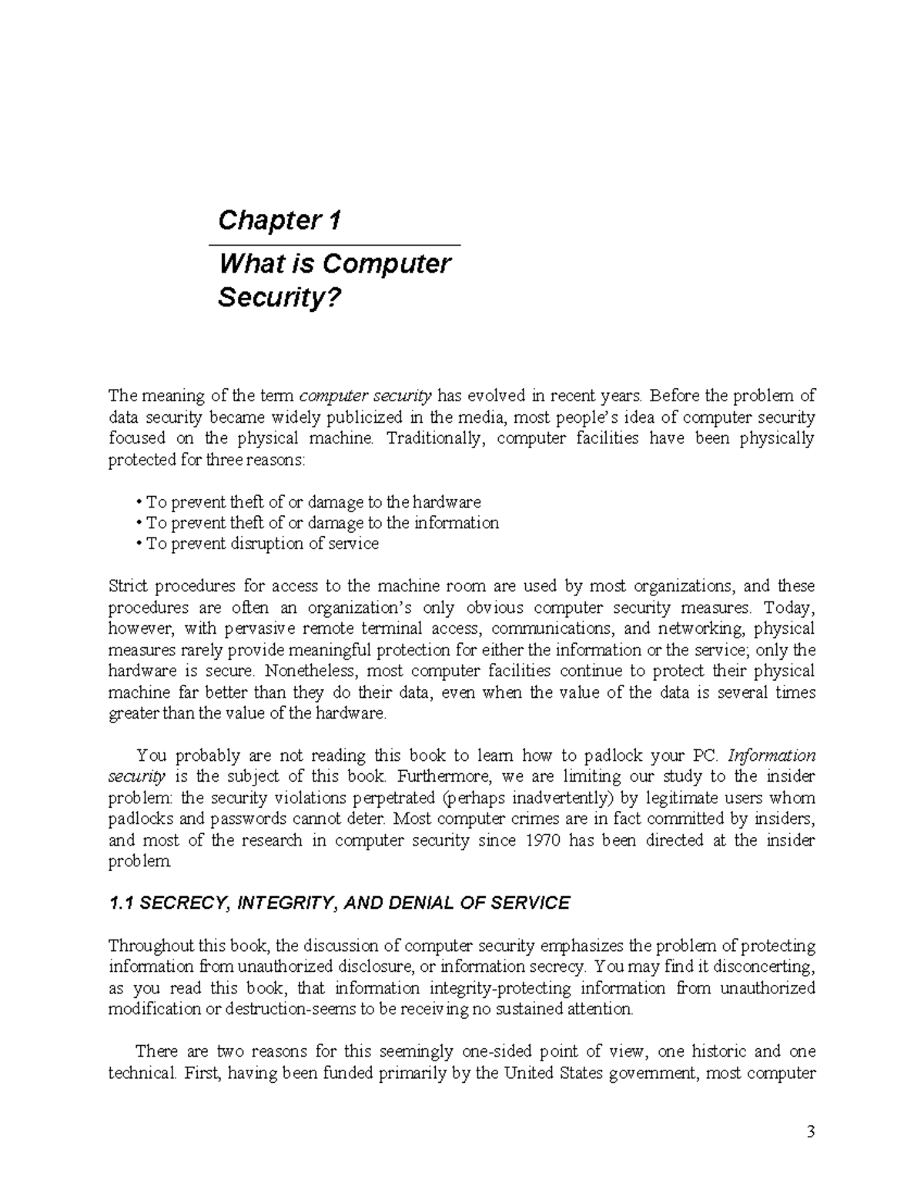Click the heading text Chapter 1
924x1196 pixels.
279,221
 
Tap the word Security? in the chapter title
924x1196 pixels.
278,297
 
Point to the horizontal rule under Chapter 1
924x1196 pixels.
334,245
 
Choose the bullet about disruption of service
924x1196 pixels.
257,544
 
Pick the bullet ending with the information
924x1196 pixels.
317,523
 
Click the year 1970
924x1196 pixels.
531,840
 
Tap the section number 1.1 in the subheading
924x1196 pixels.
122,903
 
